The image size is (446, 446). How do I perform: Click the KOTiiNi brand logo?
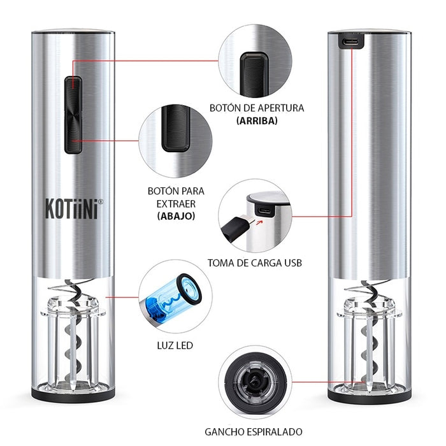[x=71, y=209]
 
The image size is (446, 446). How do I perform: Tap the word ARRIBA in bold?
[x=256, y=120]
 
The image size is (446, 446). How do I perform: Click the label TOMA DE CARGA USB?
[x=254, y=263]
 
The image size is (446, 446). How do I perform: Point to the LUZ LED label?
[x=175, y=346]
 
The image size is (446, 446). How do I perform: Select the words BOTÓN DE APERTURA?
[x=256, y=108]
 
